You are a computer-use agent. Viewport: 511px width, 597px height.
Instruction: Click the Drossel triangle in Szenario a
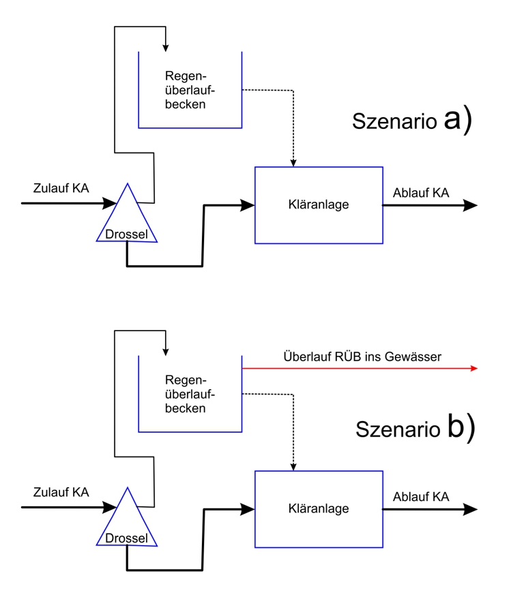pos(127,218)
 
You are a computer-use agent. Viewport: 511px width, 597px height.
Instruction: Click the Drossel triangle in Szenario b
pos(127,523)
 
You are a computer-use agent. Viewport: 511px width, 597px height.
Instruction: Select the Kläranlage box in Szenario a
pos(319,204)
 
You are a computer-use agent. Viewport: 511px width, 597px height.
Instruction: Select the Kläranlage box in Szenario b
pos(319,508)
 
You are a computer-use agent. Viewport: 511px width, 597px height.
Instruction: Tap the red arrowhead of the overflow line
pos(473,368)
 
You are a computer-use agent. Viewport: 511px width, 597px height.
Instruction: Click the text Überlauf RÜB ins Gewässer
pos(362,356)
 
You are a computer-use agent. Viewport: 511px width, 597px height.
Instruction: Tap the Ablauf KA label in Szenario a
pos(421,194)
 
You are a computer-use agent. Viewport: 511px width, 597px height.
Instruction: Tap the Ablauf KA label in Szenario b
pos(421,497)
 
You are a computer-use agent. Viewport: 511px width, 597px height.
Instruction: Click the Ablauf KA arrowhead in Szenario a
pos(470,204)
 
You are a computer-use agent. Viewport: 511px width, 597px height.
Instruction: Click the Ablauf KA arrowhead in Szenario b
pos(470,508)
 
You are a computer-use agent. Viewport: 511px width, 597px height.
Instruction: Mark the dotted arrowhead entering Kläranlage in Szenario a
pos(293,162)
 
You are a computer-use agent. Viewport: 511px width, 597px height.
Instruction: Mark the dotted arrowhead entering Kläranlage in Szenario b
pos(293,467)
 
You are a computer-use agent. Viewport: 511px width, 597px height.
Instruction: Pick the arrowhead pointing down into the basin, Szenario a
pos(165,47)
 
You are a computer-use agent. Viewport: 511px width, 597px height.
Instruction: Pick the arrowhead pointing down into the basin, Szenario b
pos(165,352)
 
